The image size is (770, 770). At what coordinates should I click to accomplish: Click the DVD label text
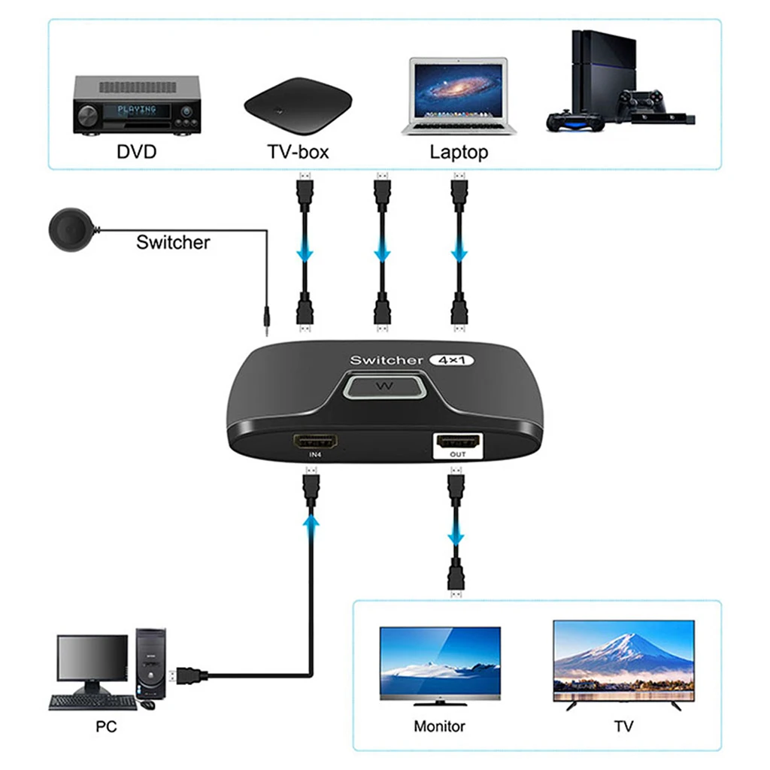(137, 151)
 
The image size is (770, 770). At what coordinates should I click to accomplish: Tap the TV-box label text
(298, 152)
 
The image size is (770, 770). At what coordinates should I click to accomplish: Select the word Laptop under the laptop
(459, 152)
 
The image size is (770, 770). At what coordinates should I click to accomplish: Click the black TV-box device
(298, 105)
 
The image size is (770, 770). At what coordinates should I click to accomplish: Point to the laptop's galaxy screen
(458, 91)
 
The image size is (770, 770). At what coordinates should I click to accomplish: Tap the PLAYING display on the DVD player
(137, 110)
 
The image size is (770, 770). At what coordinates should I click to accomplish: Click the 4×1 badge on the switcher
(451, 360)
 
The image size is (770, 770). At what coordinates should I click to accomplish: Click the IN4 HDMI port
(315, 441)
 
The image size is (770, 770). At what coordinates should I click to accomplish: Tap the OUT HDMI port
(458, 441)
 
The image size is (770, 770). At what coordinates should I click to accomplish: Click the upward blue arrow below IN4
(311, 522)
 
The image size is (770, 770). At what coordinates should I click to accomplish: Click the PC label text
(106, 726)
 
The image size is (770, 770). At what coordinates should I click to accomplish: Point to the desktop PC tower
(150, 663)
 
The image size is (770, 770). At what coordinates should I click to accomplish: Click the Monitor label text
(439, 726)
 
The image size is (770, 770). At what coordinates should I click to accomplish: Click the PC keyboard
(92, 702)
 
